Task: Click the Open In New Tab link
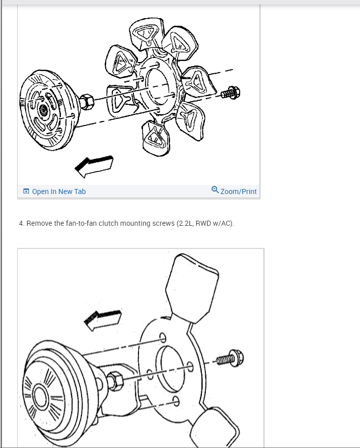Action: [x=58, y=191]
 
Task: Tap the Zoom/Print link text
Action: [x=239, y=191]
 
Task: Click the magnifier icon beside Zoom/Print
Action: [x=215, y=190]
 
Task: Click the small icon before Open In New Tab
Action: [x=26, y=191]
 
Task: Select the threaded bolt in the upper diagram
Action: [x=230, y=93]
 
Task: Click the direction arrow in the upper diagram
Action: [x=94, y=166]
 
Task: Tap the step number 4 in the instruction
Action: [x=21, y=223]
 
